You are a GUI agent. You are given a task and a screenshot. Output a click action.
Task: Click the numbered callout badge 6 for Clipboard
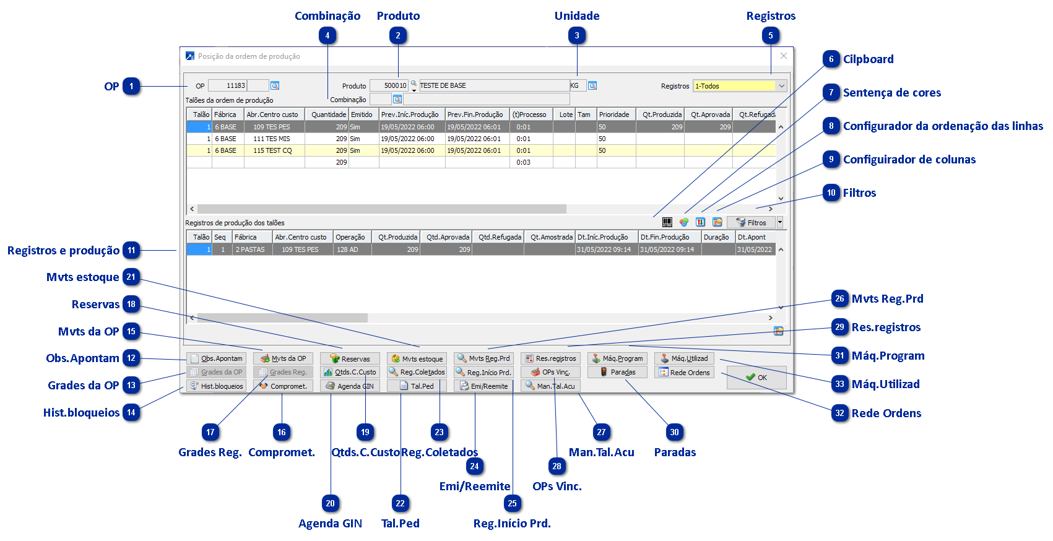coord(831,59)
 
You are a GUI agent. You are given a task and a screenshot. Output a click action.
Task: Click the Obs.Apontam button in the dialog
coord(217,358)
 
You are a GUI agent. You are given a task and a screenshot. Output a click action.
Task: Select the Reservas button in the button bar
coord(350,358)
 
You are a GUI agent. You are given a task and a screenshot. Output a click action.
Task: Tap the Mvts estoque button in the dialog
coord(417,358)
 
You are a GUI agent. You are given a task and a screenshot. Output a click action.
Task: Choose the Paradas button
coord(617,372)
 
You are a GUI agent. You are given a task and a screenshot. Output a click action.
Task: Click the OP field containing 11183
coord(227,86)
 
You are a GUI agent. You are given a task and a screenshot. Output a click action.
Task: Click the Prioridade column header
coord(614,115)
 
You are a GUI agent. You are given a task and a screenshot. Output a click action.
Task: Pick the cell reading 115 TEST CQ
coord(272,150)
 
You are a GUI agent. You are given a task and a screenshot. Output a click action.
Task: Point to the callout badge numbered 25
coord(512,503)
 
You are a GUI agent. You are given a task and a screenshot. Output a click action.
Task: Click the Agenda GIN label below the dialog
coord(330,524)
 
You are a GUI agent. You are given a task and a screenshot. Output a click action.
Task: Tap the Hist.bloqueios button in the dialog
coord(217,386)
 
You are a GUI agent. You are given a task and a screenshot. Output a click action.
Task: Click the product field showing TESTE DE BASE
coord(493,86)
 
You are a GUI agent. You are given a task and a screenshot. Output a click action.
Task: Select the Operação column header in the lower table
coord(350,237)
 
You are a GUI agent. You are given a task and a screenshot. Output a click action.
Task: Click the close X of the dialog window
coord(783,56)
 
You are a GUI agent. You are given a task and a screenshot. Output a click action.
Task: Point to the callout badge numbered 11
coord(131,251)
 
